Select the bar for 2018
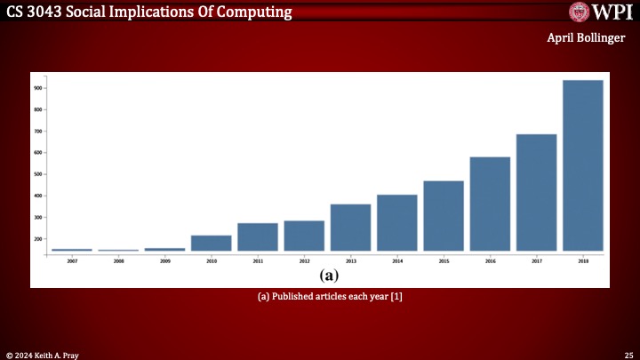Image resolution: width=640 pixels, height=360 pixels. click(x=582, y=165)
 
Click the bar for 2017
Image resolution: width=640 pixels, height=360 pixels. click(x=536, y=192)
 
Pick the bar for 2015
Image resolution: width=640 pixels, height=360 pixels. click(x=444, y=216)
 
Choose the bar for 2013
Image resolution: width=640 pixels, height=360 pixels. click(x=350, y=228)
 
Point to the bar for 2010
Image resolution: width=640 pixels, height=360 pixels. click(x=212, y=243)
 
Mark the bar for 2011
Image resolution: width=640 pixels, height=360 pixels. click(x=258, y=236)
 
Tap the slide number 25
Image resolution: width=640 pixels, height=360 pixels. click(x=628, y=354)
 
